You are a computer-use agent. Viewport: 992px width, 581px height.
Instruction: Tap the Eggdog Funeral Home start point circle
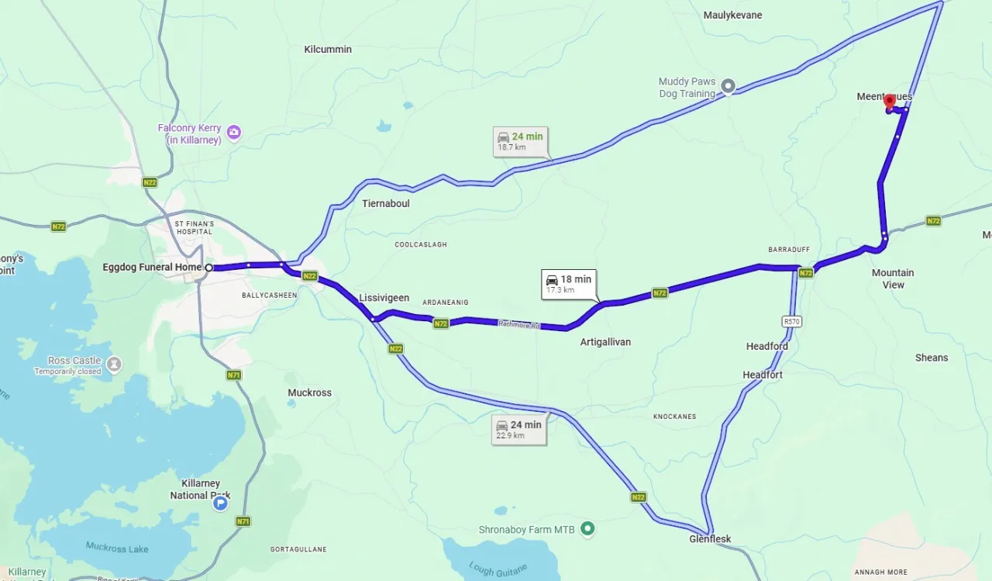point(208,268)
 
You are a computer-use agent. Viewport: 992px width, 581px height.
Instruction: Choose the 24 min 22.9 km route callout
point(518,429)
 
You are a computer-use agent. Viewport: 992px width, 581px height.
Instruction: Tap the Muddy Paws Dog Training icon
point(728,86)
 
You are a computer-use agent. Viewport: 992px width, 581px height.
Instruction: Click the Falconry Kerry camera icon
point(233,133)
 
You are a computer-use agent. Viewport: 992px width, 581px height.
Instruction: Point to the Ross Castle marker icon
point(114,364)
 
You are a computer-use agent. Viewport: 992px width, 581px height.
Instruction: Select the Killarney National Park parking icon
point(221,503)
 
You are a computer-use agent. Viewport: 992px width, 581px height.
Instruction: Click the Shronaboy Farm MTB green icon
point(587,529)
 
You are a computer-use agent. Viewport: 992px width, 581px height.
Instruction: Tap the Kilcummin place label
point(328,50)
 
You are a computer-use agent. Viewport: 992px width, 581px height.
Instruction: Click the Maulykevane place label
point(732,16)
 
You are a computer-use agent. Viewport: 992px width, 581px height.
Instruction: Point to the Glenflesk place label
point(710,539)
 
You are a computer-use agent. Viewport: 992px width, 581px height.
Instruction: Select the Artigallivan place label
point(605,342)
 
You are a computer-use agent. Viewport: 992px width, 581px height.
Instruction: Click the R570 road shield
point(791,321)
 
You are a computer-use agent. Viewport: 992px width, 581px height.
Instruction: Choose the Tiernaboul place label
point(386,203)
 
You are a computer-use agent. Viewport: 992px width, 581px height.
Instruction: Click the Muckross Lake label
point(117,548)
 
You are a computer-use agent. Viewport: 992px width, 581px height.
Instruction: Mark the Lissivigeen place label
point(384,298)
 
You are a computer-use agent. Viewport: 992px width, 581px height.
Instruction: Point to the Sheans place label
point(931,358)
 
